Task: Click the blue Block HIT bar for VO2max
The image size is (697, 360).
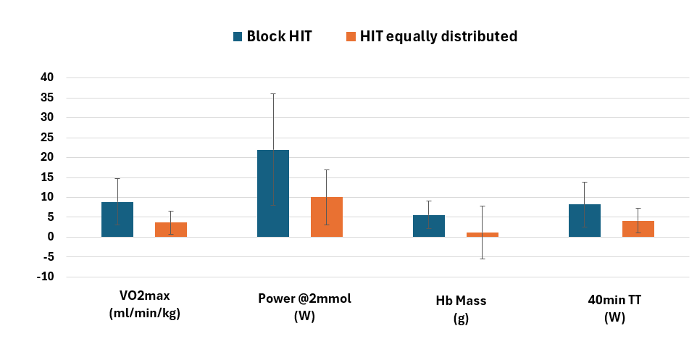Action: point(117,219)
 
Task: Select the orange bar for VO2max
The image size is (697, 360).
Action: point(171,230)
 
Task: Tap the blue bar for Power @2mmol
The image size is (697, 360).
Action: point(273,193)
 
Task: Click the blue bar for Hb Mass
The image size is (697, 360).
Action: point(429,226)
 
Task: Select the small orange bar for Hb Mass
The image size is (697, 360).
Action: point(483,235)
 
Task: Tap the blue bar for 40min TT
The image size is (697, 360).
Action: point(585,221)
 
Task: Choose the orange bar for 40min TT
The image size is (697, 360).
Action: point(638,229)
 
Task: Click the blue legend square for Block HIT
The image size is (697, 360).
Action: point(237,36)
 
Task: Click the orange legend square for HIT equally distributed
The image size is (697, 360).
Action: point(351,36)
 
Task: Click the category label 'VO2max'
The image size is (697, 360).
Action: point(144,296)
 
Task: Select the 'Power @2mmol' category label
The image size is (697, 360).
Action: point(304,298)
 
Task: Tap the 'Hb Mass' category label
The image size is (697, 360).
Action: point(461,300)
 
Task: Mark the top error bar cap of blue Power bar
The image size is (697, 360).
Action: point(273,93)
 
